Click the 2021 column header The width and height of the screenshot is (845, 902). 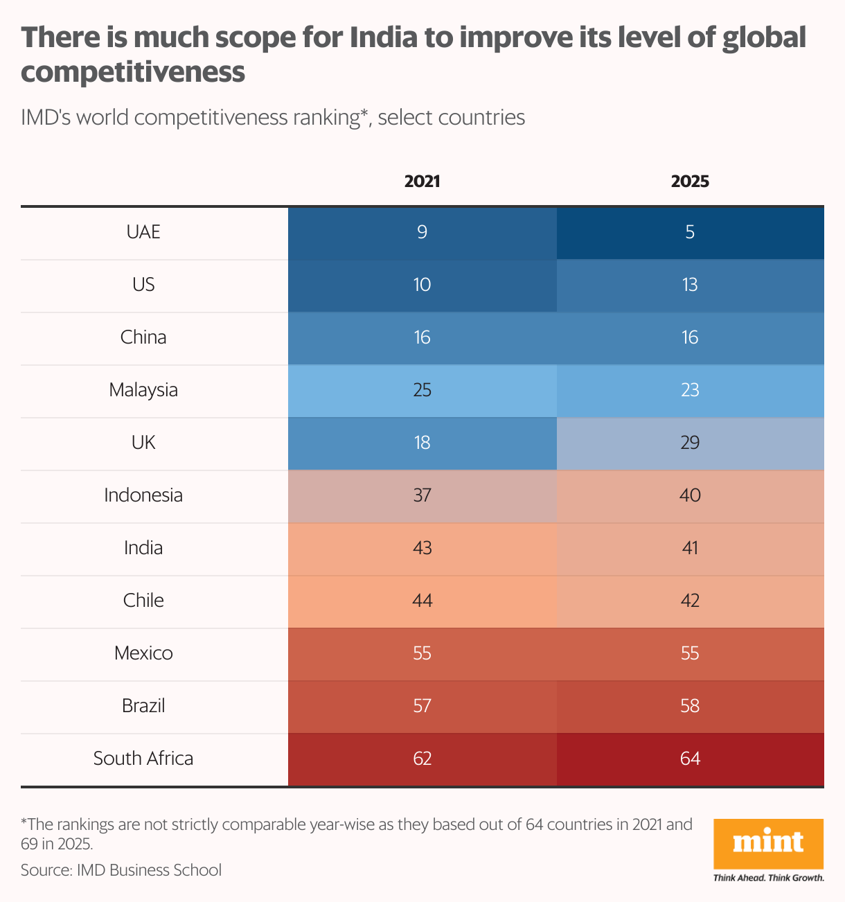[422, 182]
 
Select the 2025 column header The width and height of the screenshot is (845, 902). [690, 182]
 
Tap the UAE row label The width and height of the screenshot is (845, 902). [143, 232]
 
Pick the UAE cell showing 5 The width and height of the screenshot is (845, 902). [690, 233]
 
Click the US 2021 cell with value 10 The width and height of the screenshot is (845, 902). [422, 285]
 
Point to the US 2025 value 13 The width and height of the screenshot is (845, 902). [690, 285]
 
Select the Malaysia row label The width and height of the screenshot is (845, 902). [143, 390]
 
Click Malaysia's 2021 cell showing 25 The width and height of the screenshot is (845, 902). [422, 391]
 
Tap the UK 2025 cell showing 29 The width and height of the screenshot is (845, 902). [690, 444]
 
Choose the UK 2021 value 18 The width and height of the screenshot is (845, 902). [422, 443]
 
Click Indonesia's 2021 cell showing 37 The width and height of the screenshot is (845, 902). [422, 497]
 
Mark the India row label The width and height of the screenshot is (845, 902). [143, 548]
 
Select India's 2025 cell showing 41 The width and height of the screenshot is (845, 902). [690, 549]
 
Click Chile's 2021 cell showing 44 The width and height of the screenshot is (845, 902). [422, 602]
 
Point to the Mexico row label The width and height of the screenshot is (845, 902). [143, 653]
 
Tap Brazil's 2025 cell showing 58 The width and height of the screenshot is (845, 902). [690, 707]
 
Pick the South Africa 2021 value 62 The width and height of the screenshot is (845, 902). [422, 759]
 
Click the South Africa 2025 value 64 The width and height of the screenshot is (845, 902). [690, 759]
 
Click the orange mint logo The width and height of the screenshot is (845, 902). [768, 844]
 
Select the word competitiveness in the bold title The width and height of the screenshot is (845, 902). [133, 72]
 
